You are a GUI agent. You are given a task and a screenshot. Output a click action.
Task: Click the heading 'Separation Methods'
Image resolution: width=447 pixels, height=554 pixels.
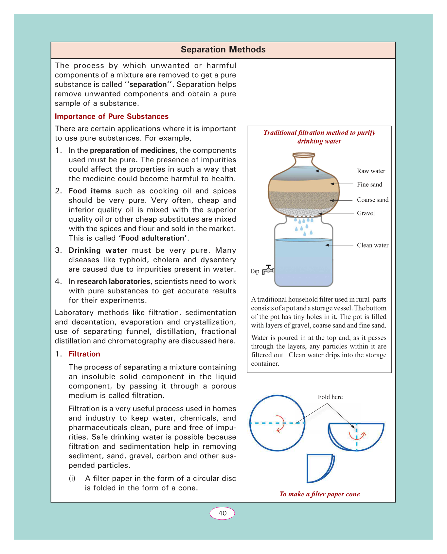click(x=223, y=49)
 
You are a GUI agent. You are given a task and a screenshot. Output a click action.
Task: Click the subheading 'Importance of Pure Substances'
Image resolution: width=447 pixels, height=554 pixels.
click(x=112, y=117)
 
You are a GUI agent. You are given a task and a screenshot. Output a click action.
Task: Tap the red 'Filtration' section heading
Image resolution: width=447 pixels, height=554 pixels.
click(x=84, y=354)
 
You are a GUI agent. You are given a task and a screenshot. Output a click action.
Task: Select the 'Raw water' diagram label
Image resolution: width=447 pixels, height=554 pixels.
click(x=371, y=171)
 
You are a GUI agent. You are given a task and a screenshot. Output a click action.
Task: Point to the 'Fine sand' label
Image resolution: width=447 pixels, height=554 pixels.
click(x=369, y=185)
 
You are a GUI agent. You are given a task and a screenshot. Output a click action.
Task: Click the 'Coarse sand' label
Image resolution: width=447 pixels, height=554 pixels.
click(x=372, y=200)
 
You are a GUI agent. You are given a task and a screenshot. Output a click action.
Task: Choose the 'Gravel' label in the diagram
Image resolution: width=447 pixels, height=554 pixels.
click(x=366, y=213)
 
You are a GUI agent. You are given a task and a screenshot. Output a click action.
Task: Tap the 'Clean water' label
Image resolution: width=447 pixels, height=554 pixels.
click(x=372, y=246)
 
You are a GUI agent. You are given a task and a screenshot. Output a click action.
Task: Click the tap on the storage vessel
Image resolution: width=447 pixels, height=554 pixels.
click(x=268, y=269)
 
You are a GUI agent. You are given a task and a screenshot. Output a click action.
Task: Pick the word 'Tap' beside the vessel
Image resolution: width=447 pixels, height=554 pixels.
click(x=255, y=271)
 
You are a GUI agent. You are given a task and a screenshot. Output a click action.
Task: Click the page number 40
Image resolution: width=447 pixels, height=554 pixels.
click(x=222, y=513)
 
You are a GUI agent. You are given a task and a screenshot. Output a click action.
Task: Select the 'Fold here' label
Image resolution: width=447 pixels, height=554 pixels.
click(x=330, y=397)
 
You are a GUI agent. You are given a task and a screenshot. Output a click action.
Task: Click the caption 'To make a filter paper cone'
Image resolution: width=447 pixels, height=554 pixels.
click(x=319, y=494)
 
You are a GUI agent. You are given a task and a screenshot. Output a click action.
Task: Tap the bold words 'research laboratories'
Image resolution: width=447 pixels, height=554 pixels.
click(x=113, y=282)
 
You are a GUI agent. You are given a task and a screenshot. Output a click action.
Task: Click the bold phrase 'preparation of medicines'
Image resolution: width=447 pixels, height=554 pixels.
click(x=133, y=150)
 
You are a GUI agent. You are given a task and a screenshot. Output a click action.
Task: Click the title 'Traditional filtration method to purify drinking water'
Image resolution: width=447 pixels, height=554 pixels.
click(x=319, y=137)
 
